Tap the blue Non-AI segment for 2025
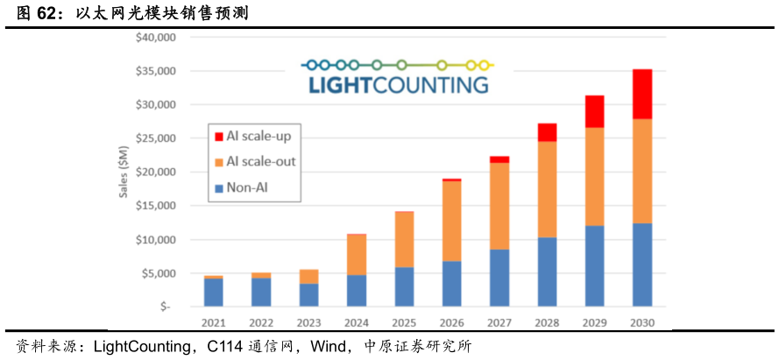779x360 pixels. (405, 286)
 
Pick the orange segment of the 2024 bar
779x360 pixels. (358, 255)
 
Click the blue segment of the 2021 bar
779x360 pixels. (214, 293)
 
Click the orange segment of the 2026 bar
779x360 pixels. (452, 221)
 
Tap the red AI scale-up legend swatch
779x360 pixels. (219, 136)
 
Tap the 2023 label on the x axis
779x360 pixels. (308, 321)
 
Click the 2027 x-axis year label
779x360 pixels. (499, 321)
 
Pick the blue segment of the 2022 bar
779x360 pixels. (261, 293)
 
